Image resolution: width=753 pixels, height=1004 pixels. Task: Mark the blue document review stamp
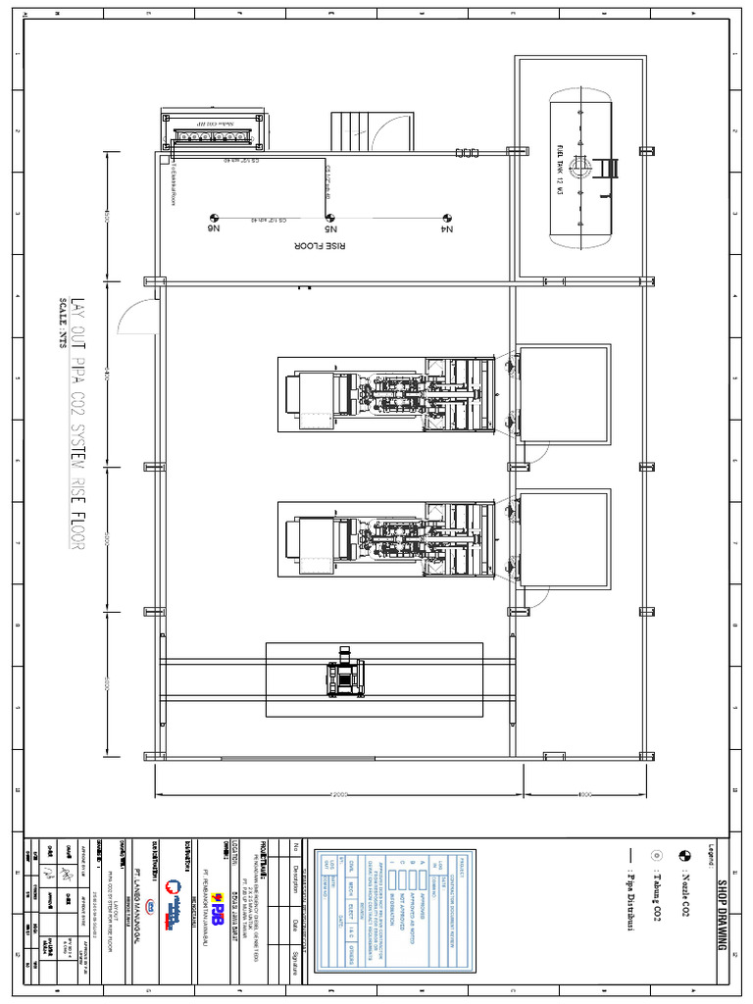[x=397, y=911]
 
